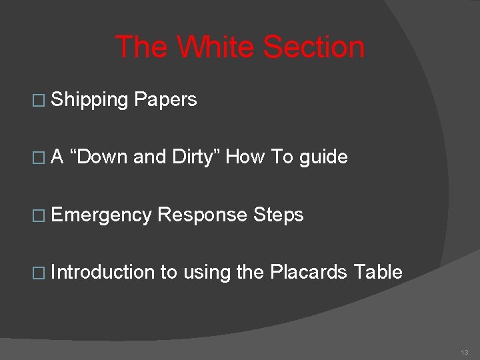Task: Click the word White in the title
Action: click(215, 48)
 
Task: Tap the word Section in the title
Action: click(313, 48)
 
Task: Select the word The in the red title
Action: click(140, 48)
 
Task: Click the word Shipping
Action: click(89, 100)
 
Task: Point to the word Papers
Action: click(165, 100)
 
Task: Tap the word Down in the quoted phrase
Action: click(101, 157)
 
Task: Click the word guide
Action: click(323, 157)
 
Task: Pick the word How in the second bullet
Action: click(245, 157)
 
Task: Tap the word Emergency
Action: click(101, 215)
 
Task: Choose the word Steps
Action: click(278, 215)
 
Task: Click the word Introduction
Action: click(103, 272)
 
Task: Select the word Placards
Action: click(309, 272)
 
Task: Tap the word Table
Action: click(378, 272)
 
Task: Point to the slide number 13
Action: click(464, 352)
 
